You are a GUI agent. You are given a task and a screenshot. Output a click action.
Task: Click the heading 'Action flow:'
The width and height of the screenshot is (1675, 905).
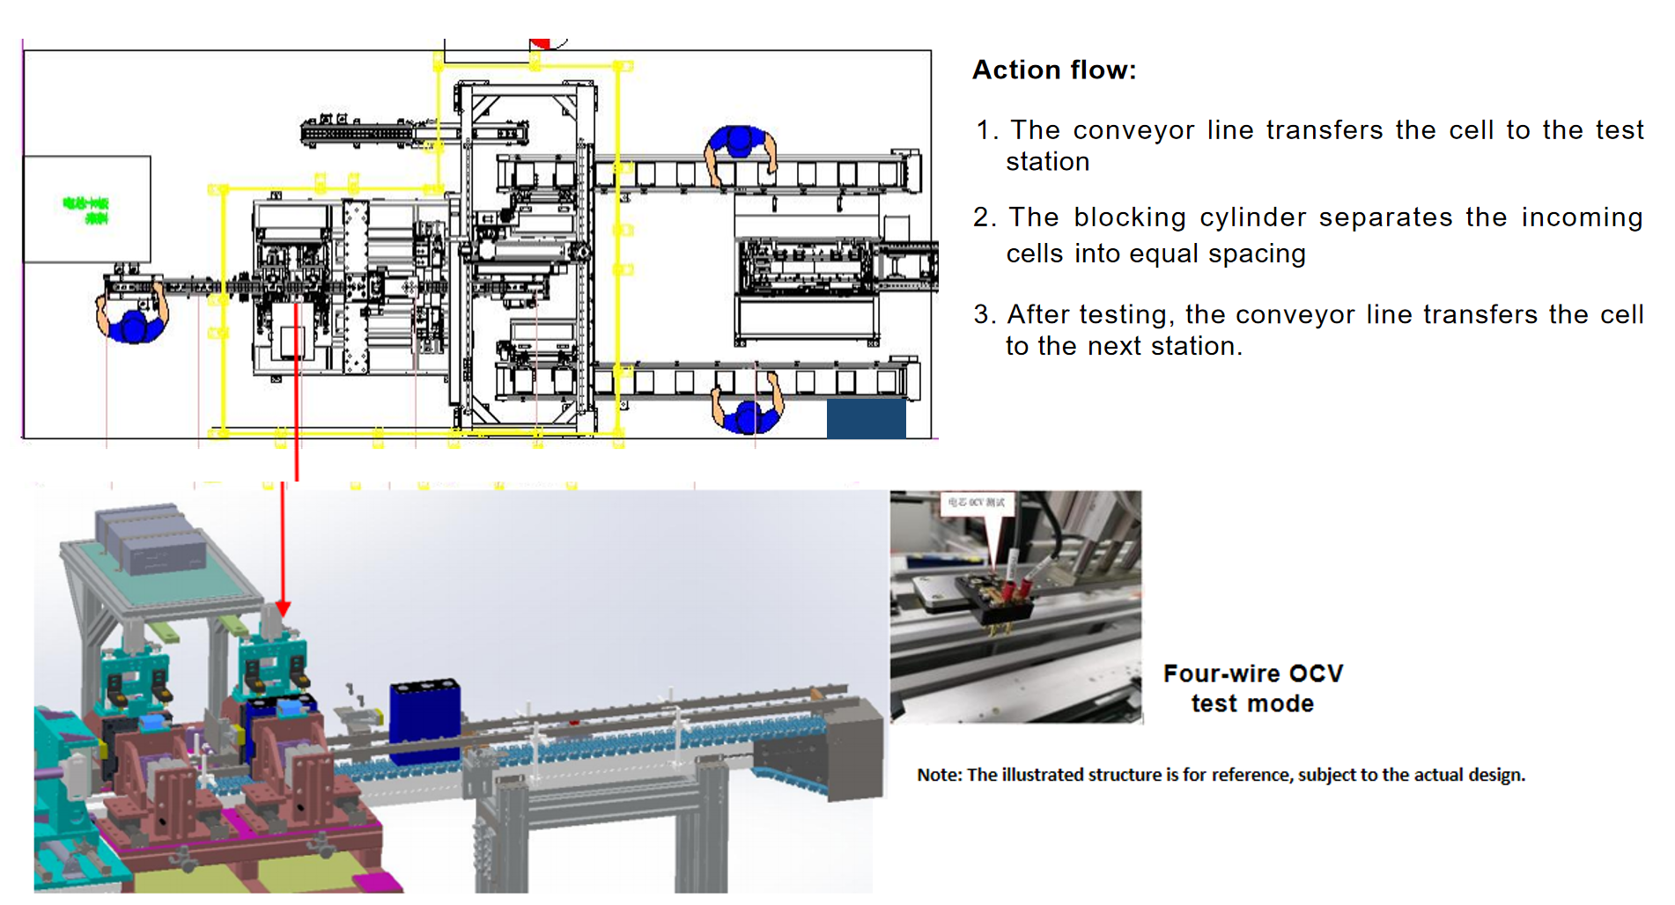pos(1053,70)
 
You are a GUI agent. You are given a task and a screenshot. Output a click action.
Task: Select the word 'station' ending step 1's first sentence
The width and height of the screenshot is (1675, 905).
pos(1047,162)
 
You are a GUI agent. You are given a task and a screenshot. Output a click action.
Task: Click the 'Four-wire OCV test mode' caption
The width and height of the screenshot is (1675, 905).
pos(1252,688)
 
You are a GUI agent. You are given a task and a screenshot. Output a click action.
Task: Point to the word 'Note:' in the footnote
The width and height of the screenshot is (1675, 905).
pos(939,775)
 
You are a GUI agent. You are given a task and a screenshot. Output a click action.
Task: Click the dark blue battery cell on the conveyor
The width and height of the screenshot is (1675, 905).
pos(424,720)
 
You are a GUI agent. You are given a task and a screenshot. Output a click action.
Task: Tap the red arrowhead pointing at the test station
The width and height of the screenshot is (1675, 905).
pos(283,608)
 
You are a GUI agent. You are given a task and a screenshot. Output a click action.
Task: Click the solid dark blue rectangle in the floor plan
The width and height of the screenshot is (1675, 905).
pos(866,419)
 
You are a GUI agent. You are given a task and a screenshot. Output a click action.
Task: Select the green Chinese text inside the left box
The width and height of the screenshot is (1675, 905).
pos(86,210)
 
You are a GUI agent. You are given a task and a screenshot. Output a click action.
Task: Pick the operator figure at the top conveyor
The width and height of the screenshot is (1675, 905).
pos(741,151)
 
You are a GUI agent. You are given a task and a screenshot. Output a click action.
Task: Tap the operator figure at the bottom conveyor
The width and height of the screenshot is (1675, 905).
pos(748,408)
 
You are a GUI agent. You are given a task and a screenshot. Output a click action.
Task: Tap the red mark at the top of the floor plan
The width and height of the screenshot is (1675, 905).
pos(541,43)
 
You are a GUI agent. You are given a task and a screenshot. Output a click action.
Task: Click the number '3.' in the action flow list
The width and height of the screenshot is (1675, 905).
pos(984,314)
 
